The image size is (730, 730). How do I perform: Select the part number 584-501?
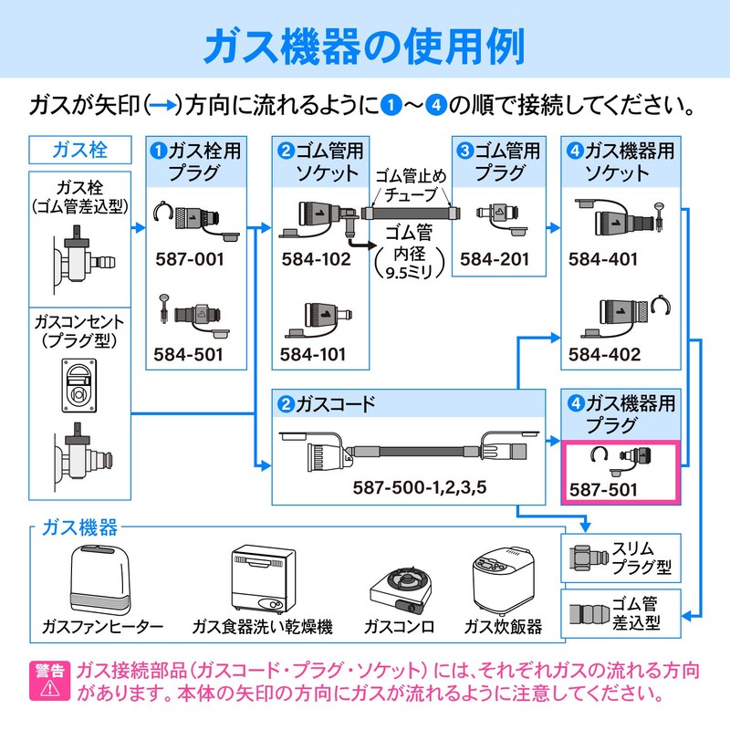point(191,353)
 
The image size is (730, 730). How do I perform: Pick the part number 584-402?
point(603,353)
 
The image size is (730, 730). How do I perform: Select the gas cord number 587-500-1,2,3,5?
point(420,487)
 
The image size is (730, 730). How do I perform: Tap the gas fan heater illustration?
point(103,579)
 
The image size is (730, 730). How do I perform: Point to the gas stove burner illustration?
point(399,589)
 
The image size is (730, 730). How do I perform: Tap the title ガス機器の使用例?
point(364,47)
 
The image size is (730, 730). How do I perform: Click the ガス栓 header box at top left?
point(80,150)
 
